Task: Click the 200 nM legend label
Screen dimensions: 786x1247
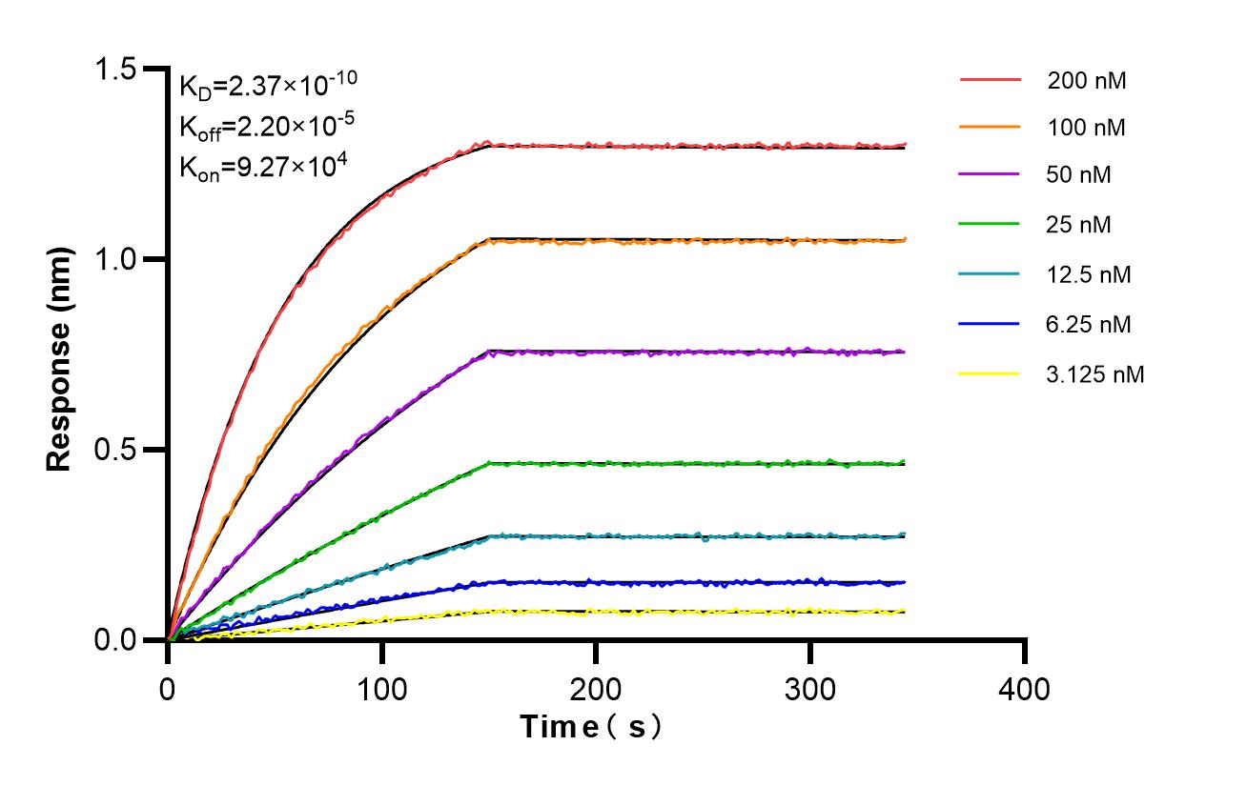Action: [1087, 81]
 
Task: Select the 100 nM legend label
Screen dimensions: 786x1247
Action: [1087, 128]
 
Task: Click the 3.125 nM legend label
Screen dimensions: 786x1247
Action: [1094, 374]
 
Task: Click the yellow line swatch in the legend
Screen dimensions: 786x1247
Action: [989, 374]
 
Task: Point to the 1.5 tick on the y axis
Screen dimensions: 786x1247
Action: [114, 69]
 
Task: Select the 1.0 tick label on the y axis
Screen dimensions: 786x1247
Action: [114, 259]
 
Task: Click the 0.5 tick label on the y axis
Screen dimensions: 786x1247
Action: [114, 450]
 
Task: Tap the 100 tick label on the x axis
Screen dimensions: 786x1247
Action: [382, 687]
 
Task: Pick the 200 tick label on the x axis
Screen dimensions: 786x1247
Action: [596, 687]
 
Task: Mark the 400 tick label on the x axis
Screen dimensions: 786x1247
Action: [1025, 687]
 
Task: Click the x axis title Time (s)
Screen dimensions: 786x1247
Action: [591, 728]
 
